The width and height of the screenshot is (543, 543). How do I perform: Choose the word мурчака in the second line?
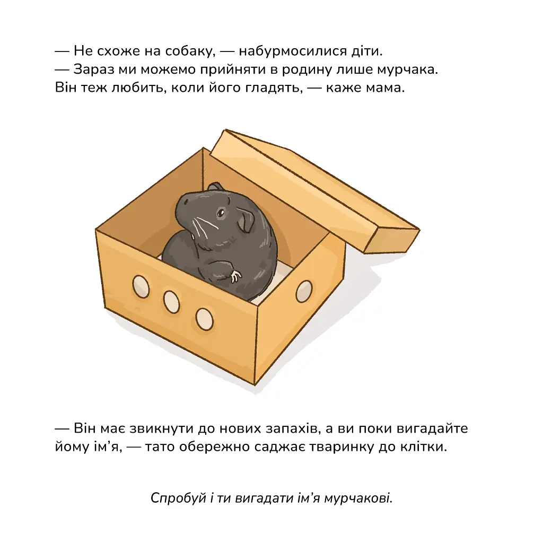(x=407, y=69)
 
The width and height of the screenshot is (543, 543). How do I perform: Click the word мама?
(x=385, y=88)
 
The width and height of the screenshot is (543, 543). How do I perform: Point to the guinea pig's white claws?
(x=236, y=276)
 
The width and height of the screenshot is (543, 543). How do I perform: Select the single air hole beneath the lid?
(x=304, y=291)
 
